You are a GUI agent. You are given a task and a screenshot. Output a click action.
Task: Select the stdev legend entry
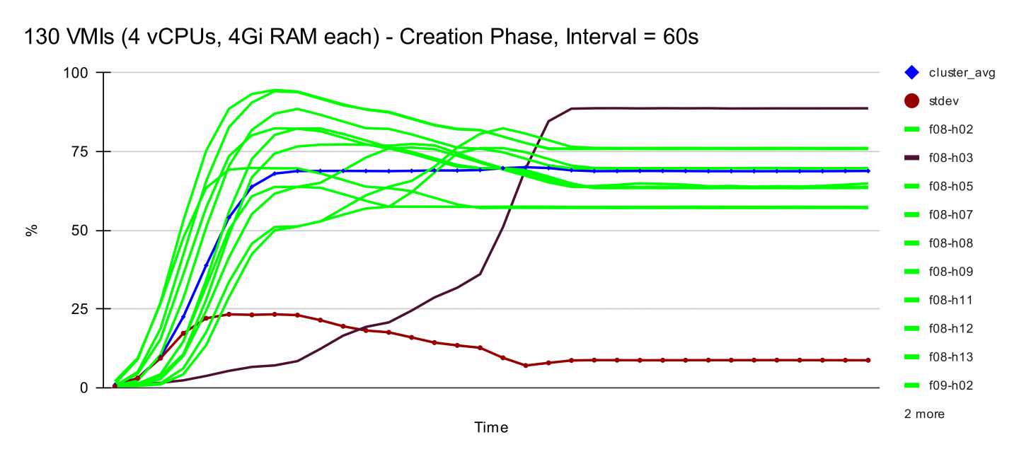[x=944, y=101]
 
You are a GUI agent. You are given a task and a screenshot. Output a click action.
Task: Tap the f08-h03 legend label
[x=950, y=158]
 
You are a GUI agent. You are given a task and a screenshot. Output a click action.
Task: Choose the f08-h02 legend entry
[x=950, y=129]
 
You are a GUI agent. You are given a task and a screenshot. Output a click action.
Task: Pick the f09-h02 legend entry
[x=950, y=385]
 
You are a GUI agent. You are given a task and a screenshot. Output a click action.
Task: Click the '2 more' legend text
[x=924, y=414]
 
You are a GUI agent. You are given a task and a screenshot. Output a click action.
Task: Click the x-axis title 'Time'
[x=491, y=427]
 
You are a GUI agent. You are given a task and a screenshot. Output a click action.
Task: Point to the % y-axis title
[x=32, y=231]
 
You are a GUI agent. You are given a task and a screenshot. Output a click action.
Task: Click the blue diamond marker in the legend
[x=912, y=72]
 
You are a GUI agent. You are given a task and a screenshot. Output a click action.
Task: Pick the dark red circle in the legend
[x=912, y=101]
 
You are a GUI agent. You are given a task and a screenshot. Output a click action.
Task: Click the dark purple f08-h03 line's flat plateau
[x=708, y=108]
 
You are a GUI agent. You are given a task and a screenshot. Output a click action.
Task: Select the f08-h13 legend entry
[x=950, y=357]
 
